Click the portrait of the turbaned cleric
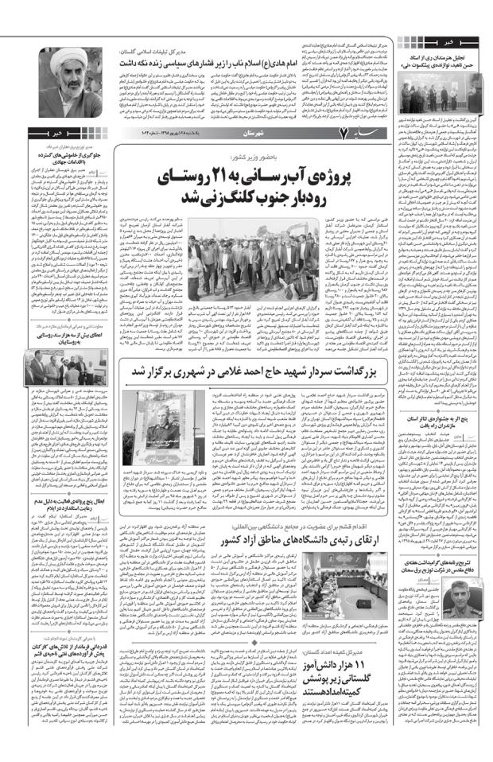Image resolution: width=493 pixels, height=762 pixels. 51,83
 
